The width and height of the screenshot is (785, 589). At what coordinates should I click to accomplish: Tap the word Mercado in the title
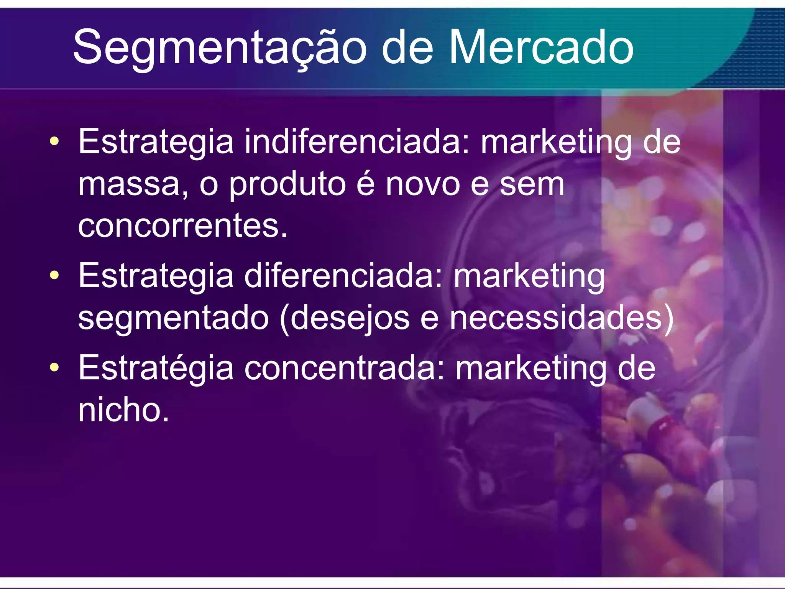pyautogui.click(x=541, y=48)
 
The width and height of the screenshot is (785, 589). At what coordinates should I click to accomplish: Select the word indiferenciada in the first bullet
pyautogui.click(x=357, y=142)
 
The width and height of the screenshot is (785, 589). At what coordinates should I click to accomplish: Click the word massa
pyautogui.click(x=129, y=184)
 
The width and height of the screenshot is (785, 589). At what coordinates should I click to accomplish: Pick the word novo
pyautogui.click(x=422, y=184)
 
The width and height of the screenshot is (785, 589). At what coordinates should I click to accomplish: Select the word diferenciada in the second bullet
pyautogui.click(x=343, y=276)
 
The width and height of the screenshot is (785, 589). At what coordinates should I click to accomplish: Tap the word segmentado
pyautogui.click(x=173, y=318)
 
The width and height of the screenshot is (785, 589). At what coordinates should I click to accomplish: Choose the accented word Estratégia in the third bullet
pyautogui.click(x=156, y=368)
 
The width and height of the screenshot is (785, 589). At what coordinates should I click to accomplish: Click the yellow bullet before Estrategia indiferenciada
pyautogui.click(x=54, y=141)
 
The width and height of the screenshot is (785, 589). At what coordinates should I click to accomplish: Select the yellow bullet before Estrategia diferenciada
pyautogui.click(x=54, y=275)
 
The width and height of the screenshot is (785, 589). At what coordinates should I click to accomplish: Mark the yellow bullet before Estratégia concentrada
pyautogui.click(x=54, y=367)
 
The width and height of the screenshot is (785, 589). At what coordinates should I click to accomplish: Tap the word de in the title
pyautogui.click(x=407, y=48)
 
